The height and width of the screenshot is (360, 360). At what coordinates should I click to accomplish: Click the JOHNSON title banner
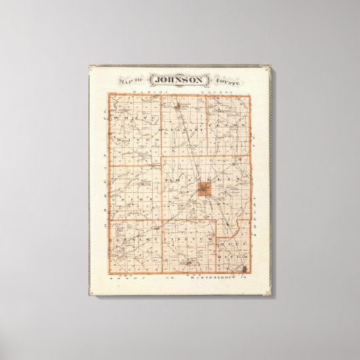pos(181,79)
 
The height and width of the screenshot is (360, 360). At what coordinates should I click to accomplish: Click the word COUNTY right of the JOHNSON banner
pos(230,81)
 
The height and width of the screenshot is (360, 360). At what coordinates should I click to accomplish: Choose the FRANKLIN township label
pos(194,179)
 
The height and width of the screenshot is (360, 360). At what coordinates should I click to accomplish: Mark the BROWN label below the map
pos(122,280)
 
